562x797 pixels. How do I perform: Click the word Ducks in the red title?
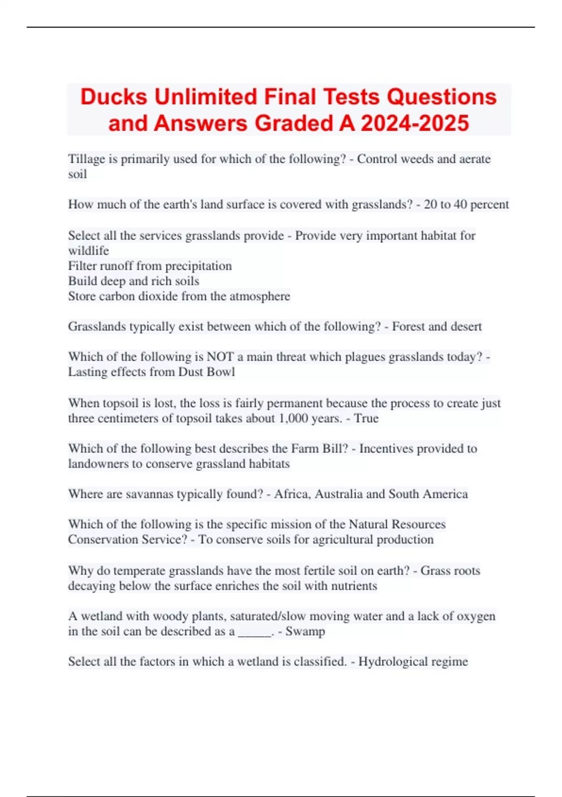click(114, 97)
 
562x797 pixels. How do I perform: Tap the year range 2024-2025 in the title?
click(415, 123)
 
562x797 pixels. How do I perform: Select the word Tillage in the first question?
click(87, 159)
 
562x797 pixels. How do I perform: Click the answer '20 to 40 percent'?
click(466, 204)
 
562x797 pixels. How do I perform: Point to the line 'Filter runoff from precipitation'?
click(150, 266)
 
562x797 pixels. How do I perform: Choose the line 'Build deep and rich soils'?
click(133, 281)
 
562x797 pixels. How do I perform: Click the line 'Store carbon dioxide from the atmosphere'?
click(179, 296)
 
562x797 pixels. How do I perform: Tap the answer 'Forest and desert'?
click(436, 326)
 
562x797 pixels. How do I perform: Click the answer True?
click(366, 418)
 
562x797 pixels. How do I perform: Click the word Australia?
click(339, 494)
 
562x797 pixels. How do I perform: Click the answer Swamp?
click(305, 632)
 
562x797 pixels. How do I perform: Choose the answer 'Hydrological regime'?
click(413, 662)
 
